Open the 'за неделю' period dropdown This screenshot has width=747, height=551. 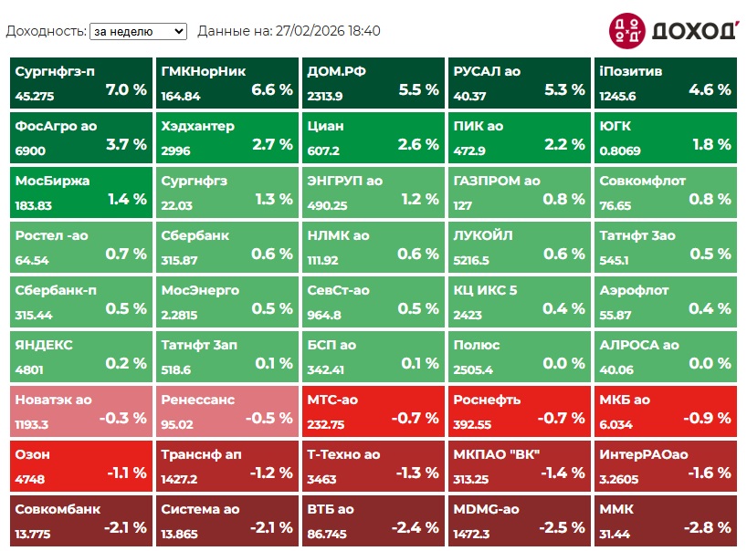[x=137, y=31]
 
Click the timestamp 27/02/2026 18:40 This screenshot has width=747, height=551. [x=327, y=31]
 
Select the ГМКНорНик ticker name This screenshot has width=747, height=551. [x=204, y=71]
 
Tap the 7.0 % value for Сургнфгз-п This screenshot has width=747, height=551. [x=126, y=89]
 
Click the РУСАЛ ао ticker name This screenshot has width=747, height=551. [x=487, y=71]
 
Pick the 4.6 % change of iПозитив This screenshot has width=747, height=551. [x=710, y=89]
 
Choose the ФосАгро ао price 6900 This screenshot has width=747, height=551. [x=30, y=151]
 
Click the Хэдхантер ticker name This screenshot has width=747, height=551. [x=197, y=126]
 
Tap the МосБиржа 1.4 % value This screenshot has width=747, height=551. [x=126, y=199]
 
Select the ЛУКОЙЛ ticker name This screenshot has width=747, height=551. [x=483, y=235]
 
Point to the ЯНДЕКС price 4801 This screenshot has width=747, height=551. [x=29, y=369]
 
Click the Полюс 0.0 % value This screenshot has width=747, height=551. [x=564, y=363]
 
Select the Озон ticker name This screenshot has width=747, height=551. [x=33, y=454]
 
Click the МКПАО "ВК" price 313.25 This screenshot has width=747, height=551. [x=471, y=479]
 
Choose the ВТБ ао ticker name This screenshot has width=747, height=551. [x=331, y=509]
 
